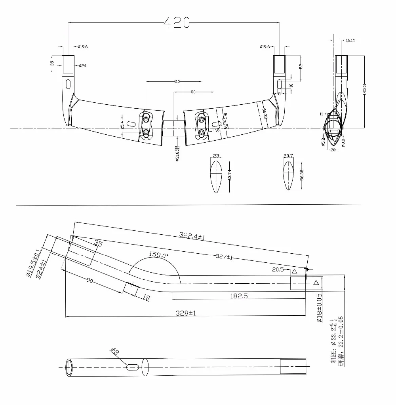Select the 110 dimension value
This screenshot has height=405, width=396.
177,82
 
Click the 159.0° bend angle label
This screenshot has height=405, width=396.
158,255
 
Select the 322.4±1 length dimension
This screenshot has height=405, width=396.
192,237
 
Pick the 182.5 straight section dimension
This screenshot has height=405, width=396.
239,296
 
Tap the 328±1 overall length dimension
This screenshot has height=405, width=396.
186,313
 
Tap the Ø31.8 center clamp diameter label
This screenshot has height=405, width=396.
177,153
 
